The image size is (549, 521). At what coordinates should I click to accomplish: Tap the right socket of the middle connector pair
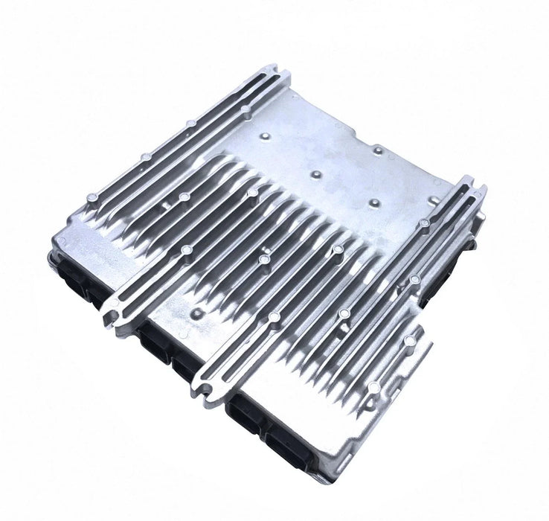pos(184,364)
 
